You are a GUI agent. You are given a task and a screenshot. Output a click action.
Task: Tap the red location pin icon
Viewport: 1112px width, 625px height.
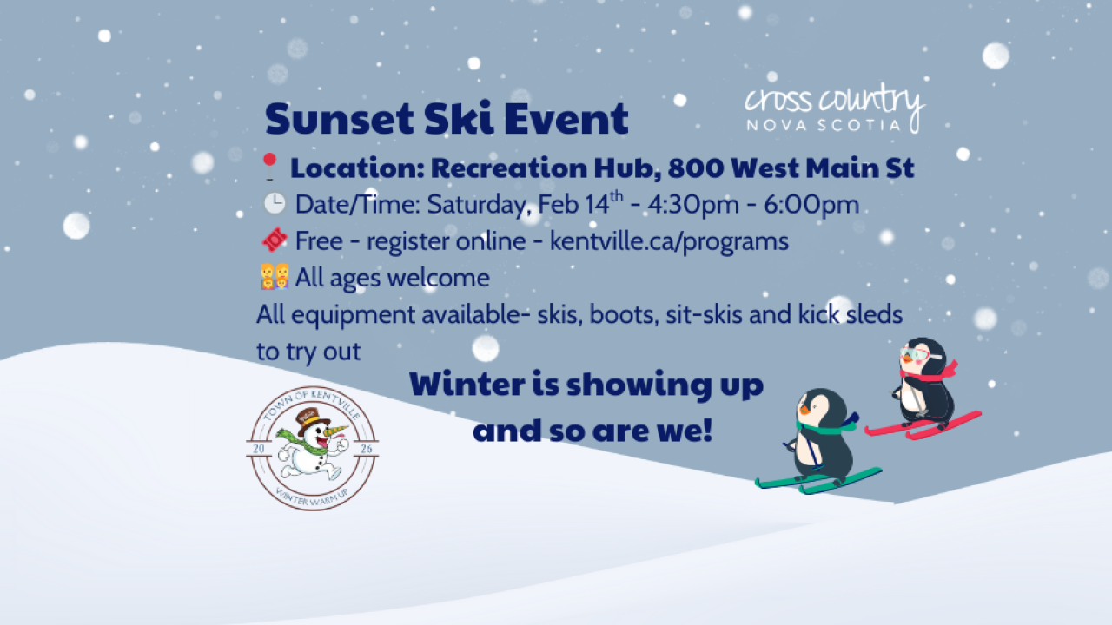(x=269, y=167)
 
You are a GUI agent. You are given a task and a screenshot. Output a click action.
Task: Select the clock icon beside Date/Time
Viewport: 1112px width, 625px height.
(x=274, y=204)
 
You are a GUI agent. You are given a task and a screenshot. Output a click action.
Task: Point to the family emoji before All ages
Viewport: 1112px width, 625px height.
(x=274, y=278)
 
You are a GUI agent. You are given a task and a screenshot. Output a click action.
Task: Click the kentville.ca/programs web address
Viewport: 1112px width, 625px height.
(x=669, y=240)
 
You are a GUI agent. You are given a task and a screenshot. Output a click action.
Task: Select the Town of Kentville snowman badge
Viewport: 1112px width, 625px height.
(x=313, y=448)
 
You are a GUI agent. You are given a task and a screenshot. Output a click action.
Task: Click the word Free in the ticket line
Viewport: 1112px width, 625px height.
(x=319, y=240)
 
